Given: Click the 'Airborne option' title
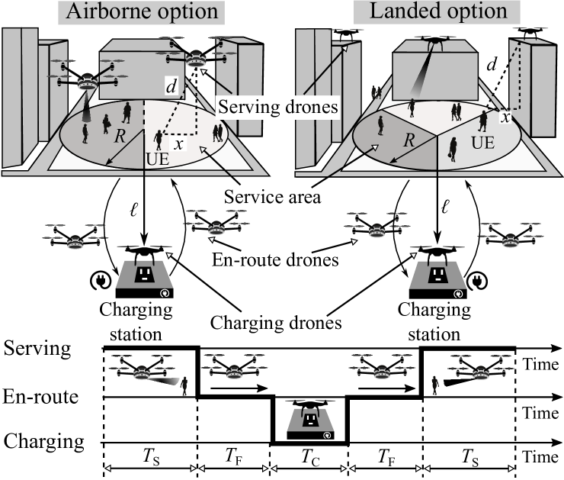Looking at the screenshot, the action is [x=142, y=11].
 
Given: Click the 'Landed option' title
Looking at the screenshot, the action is [x=438, y=11].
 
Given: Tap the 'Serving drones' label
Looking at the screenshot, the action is [x=278, y=107].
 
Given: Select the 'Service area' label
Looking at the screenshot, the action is [x=272, y=197].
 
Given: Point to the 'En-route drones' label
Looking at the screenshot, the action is [x=275, y=259].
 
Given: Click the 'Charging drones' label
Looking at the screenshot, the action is [x=276, y=322].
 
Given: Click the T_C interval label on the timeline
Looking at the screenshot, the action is [x=310, y=458].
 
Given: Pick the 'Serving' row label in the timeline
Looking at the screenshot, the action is [x=37, y=349].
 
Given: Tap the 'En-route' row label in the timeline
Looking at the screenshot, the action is [x=40, y=397].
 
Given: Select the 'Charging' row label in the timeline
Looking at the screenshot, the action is [x=44, y=441].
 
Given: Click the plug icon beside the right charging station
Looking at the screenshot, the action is [x=477, y=280].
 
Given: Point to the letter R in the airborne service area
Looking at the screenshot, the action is [x=120, y=136].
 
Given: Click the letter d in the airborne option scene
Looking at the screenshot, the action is [x=171, y=86].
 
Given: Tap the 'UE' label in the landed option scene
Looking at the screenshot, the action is [x=482, y=143].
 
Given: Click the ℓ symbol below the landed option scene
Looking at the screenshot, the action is [x=445, y=207].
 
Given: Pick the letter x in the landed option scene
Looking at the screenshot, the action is [x=506, y=118].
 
